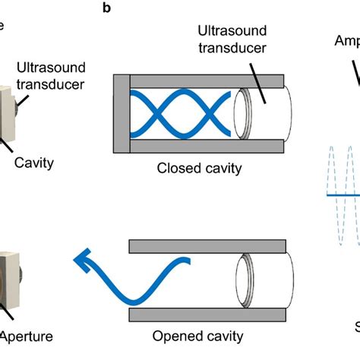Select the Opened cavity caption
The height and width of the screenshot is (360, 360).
[x=198, y=336]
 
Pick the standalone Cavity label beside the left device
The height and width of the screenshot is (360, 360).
[x=34, y=162]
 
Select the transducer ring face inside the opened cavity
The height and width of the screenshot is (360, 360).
[x=244, y=279]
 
